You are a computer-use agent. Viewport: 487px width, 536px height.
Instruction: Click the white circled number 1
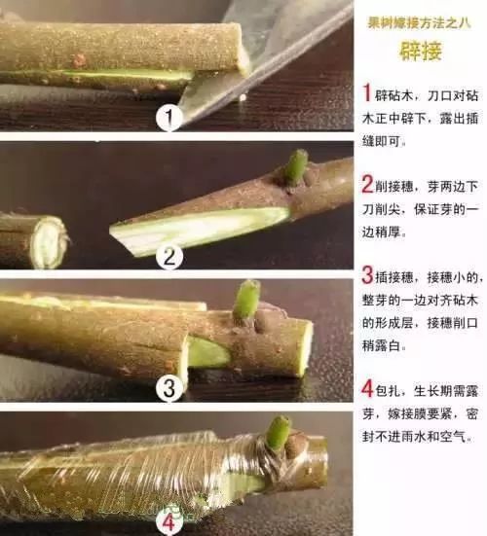(x=170, y=119)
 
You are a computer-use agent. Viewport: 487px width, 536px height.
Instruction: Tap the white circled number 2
(x=170, y=257)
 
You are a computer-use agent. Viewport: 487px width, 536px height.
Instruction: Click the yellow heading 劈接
(x=420, y=51)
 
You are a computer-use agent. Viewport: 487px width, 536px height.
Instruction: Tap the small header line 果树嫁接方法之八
(x=420, y=20)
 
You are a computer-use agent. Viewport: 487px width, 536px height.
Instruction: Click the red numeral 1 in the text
(x=367, y=93)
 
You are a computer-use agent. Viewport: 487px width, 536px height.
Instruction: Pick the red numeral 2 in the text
(x=367, y=184)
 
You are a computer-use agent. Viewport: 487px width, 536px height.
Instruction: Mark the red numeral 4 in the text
(x=367, y=389)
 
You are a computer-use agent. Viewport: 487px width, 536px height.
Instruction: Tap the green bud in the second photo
(x=296, y=166)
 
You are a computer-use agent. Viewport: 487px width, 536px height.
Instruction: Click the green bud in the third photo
(x=247, y=300)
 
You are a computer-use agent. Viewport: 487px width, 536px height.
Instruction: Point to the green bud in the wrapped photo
(x=279, y=433)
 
